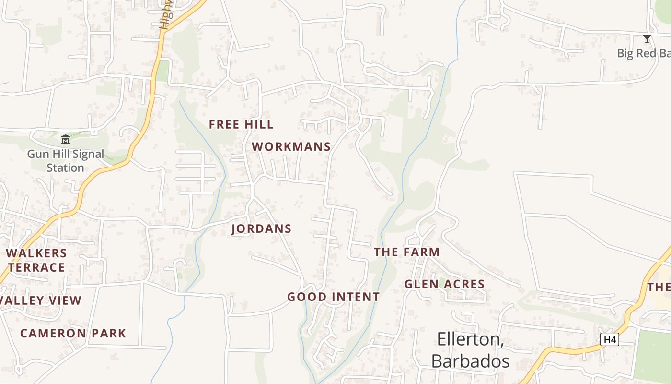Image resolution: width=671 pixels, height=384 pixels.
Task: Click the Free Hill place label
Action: [241, 124]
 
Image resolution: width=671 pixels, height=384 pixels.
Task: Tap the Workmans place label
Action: [291, 147]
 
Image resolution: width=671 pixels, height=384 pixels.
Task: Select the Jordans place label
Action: [262, 229]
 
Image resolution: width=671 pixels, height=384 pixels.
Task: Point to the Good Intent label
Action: [334, 297]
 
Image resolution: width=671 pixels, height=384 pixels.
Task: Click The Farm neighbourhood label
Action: [406, 252]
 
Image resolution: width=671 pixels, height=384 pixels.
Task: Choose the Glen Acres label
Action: [444, 284]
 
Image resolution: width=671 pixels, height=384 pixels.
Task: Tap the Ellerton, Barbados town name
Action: [470, 350]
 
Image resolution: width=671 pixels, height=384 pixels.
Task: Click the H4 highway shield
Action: [610, 340]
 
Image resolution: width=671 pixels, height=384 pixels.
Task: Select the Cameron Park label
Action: [73, 333]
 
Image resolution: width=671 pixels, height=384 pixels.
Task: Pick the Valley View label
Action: [41, 301]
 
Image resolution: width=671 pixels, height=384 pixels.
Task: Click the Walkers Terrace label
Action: [36, 260]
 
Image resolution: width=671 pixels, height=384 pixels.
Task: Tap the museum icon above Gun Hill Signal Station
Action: [66, 140]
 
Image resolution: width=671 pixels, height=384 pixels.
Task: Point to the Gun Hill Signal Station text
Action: [66, 161]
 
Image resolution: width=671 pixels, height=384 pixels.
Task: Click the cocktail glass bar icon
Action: [647, 39]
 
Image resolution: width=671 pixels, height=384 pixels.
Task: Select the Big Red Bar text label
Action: [643, 53]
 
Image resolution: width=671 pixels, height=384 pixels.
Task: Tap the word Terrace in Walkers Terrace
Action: [36, 267]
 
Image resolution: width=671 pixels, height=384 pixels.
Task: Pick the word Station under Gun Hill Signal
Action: [66, 168]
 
